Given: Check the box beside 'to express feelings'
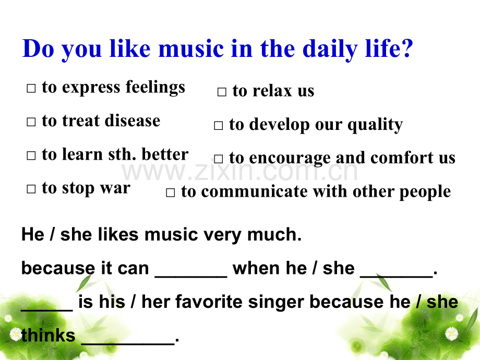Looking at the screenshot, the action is (31, 88).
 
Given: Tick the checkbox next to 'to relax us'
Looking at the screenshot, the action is (222, 92).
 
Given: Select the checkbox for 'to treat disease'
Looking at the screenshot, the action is (31, 122).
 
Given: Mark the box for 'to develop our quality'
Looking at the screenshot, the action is (218, 126).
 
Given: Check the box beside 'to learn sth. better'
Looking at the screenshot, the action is (31, 155).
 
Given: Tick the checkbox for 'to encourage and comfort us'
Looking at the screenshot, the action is (218, 159).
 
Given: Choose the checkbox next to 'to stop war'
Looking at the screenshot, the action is (31, 189).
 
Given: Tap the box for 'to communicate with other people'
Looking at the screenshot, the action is (170, 193).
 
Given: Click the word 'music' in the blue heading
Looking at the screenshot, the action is (191, 49).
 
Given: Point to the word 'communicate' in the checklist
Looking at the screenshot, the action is (255, 192).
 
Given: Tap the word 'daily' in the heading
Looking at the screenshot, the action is (330, 50).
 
